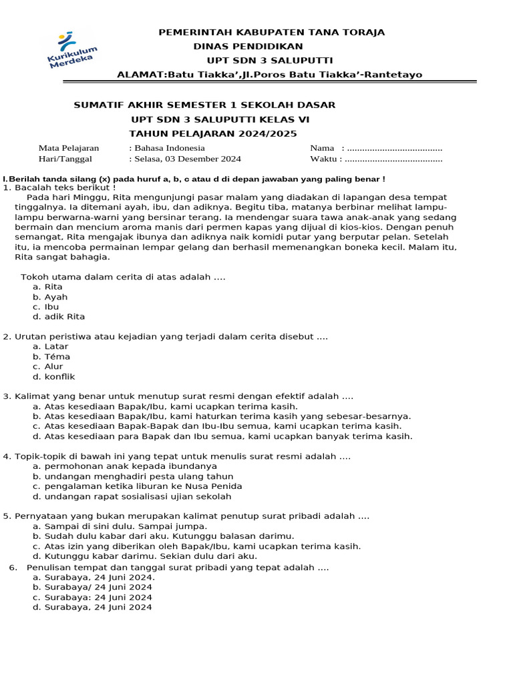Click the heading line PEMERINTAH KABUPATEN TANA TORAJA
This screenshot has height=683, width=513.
point(271,32)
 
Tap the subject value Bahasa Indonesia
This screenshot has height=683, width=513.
point(166,148)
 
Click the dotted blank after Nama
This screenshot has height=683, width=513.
point(395,148)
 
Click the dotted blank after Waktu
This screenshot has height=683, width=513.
point(395,159)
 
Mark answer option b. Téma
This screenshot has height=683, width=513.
point(51,357)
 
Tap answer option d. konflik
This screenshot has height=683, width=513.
point(54,377)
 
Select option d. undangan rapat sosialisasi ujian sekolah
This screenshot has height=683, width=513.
point(132,496)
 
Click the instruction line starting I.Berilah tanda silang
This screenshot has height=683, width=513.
point(194,179)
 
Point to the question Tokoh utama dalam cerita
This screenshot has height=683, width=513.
point(124,277)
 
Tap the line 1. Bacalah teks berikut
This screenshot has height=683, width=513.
point(59,187)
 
